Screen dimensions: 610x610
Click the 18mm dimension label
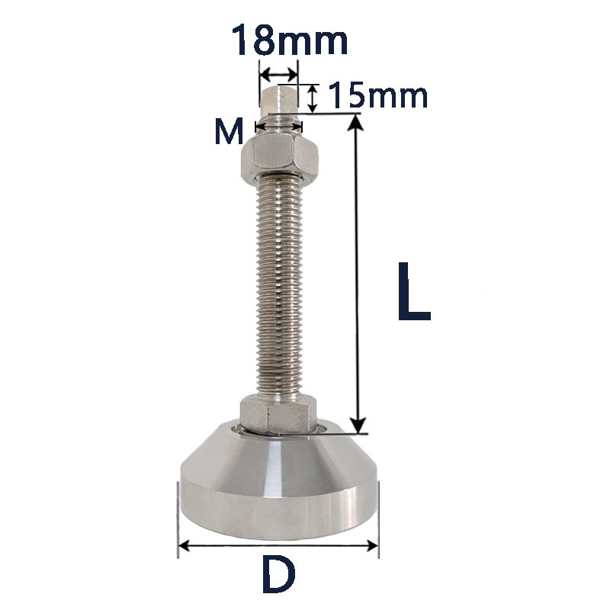pyautogui.click(x=290, y=40)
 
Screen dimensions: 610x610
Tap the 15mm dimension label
pyautogui.click(x=377, y=96)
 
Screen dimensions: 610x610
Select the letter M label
pyautogui.click(x=229, y=131)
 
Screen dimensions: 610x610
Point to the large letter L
pyautogui.click(x=414, y=291)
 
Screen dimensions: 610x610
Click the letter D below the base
pyautogui.click(x=278, y=573)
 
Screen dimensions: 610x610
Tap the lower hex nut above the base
pyautogui.click(x=278, y=415)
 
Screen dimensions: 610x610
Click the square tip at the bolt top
pyautogui.click(x=278, y=99)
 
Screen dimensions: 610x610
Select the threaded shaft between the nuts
pyautogui.click(x=279, y=288)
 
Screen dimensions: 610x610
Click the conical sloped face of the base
pyautogui.click(x=278, y=453)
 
